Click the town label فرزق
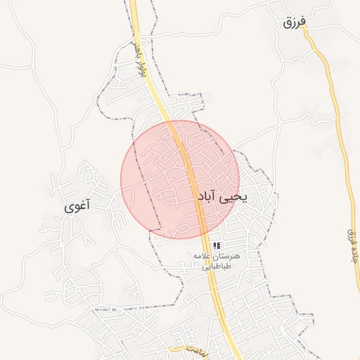295,22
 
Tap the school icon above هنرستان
217,245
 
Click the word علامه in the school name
204,257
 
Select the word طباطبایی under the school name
217,266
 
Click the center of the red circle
180,180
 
